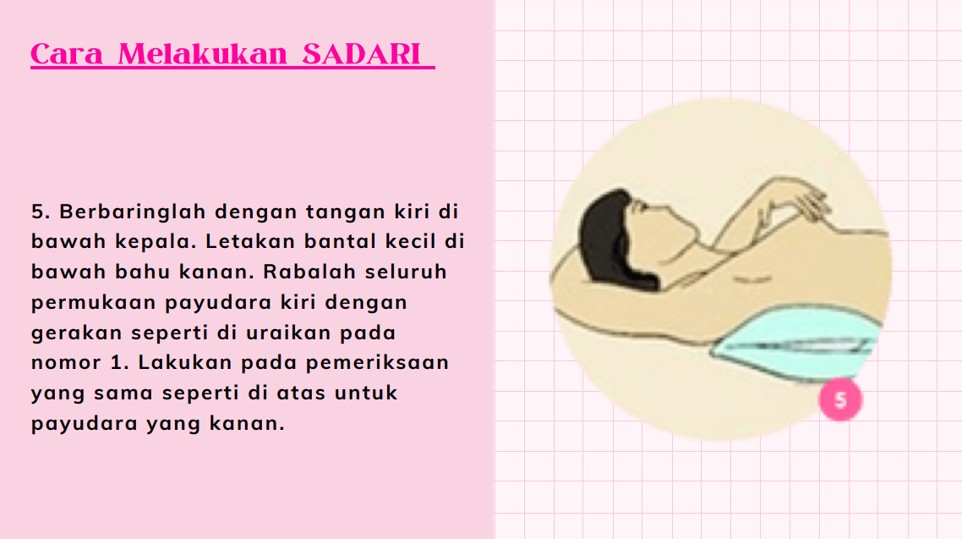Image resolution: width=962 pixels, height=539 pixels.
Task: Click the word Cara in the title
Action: pyautogui.click(x=66, y=54)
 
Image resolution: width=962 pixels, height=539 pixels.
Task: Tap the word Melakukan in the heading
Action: pyautogui.click(x=203, y=54)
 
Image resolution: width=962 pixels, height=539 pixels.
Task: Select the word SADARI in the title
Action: pyautogui.click(x=361, y=54)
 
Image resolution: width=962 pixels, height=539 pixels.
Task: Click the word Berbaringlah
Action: pyautogui.click(x=133, y=212)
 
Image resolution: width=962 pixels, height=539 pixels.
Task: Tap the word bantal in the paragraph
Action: pyautogui.click(x=340, y=241)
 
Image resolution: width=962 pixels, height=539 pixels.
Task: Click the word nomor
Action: pyautogui.click(x=66, y=363)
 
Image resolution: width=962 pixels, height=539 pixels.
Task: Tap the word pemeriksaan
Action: pyautogui.click(x=377, y=363)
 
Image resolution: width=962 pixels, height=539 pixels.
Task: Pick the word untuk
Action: pyautogui.click(x=366, y=393)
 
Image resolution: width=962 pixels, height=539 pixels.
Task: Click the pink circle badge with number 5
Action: pyautogui.click(x=840, y=399)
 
